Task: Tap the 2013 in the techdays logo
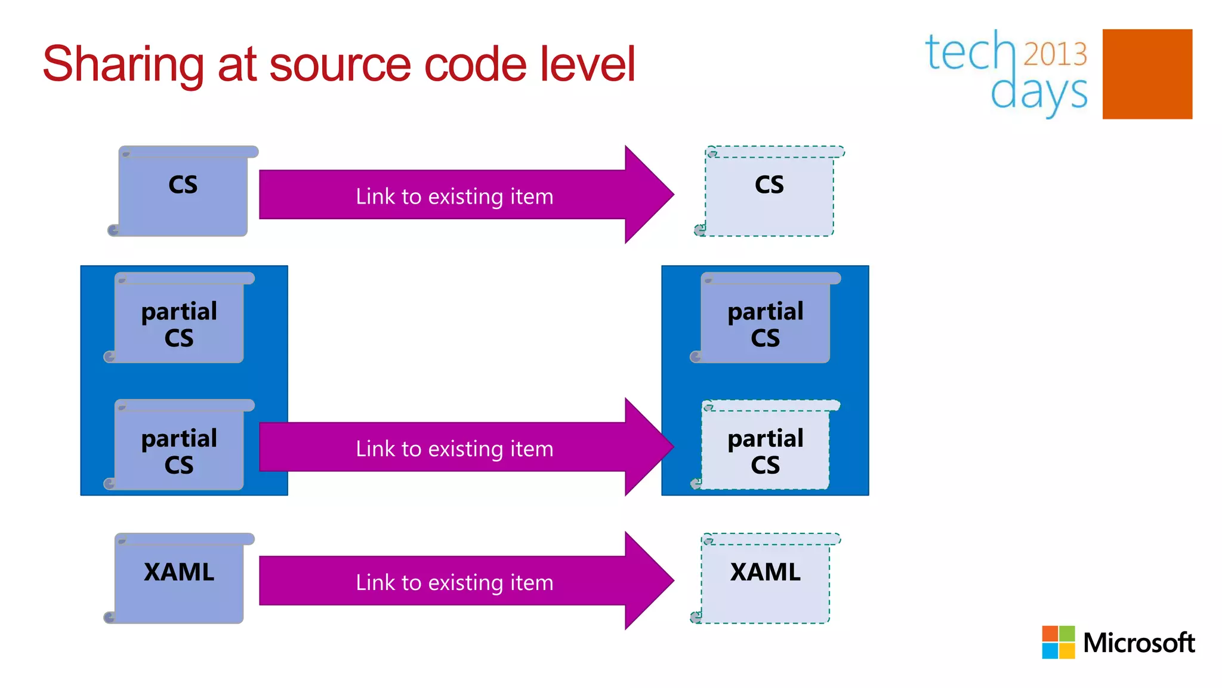click(1055, 54)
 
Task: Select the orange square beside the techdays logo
click(1147, 74)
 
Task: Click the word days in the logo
click(1038, 93)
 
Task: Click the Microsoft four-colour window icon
click(1058, 642)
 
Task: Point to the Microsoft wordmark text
click(1138, 643)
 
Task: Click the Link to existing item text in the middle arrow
click(455, 449)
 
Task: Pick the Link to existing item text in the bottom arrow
click(455, 582)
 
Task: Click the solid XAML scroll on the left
click(179, 579)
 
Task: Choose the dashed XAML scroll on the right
click(766, 579)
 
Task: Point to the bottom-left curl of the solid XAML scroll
click(109, 617)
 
